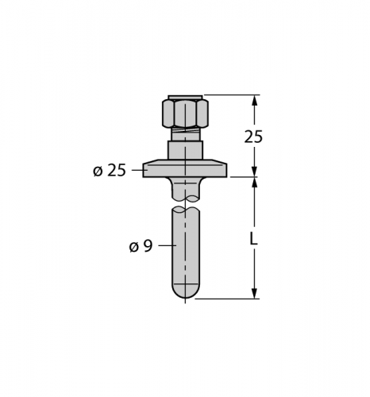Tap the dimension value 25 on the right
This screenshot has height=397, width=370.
(252, 137)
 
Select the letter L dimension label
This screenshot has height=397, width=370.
(253, 239)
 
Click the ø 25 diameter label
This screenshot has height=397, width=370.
(110, 171)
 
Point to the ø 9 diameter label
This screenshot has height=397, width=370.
(141, 246)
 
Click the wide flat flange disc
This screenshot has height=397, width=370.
(185, 170)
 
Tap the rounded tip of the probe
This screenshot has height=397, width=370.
(185, 292)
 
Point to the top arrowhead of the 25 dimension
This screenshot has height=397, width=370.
(255, 101)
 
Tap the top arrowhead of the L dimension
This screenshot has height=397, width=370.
(255, 183)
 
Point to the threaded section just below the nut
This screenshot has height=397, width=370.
(185, 133)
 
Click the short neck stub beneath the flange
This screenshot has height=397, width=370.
(185, 187)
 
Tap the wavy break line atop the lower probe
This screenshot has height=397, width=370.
(185, 210)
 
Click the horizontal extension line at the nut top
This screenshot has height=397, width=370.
(234, 95)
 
